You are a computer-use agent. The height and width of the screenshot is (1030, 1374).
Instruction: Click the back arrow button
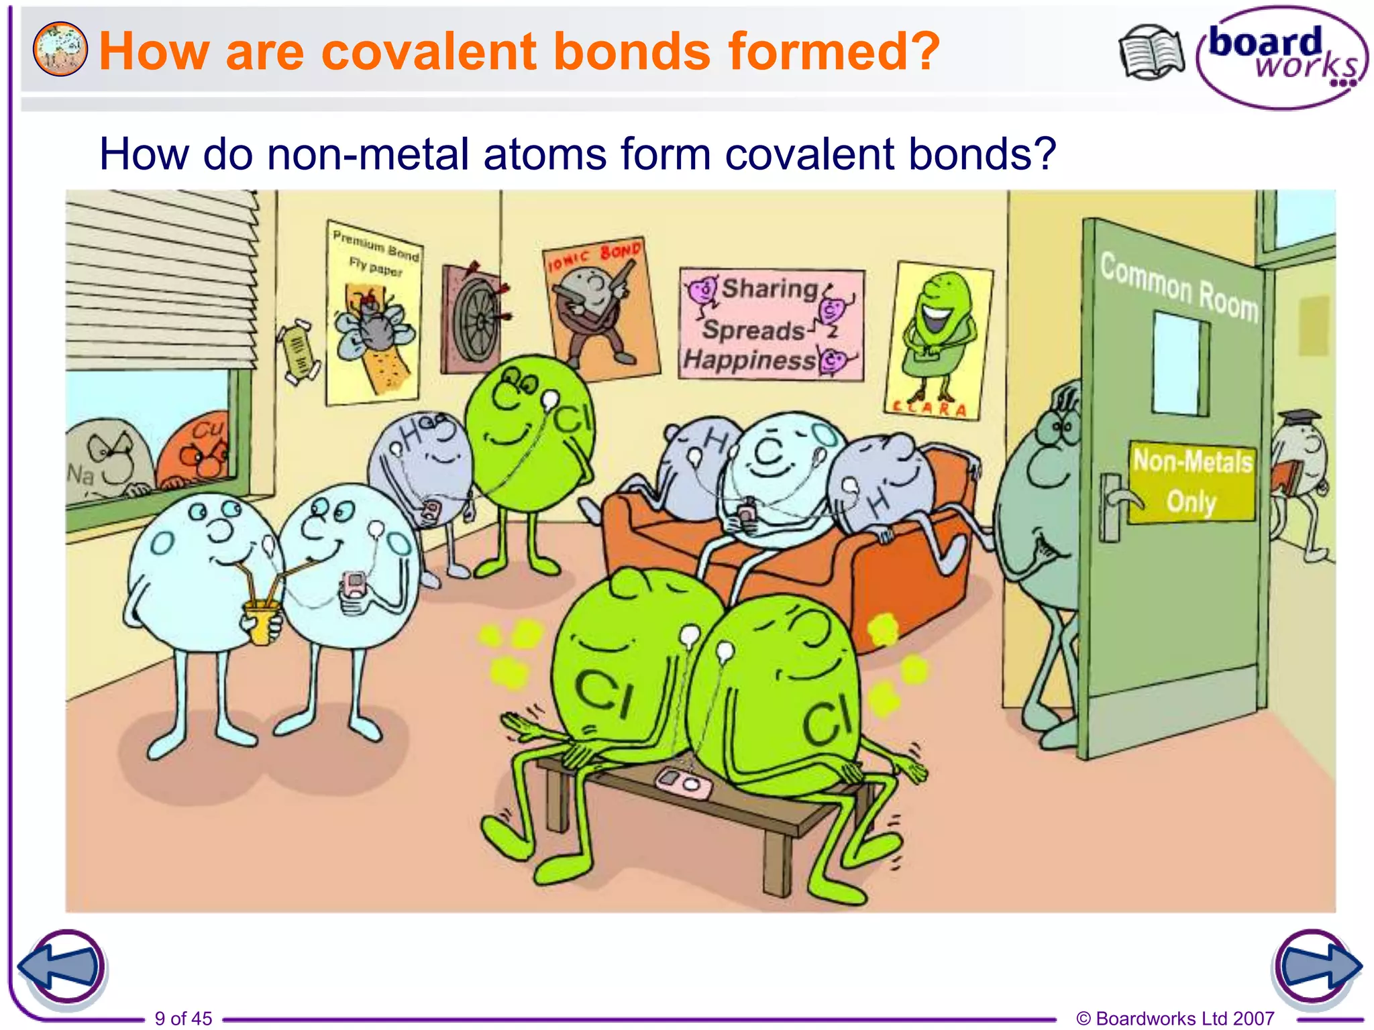(62, 968)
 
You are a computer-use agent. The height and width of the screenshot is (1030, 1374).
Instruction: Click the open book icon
(1151, 52)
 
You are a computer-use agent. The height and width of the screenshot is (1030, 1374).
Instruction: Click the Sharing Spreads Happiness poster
(772, 325)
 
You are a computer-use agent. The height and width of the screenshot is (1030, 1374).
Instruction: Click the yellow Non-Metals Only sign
(1192, 481)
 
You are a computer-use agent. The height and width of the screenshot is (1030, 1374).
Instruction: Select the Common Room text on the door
(1179, 287)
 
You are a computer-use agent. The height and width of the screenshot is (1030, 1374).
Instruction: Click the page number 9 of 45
(183, 1018)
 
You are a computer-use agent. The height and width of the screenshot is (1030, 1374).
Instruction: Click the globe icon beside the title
(60, 49)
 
